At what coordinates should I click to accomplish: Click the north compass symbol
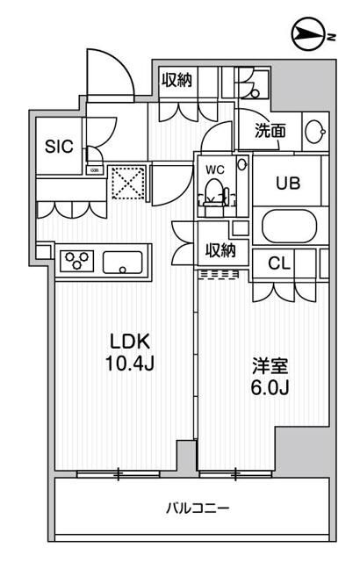pyautogui.click(x=307, y=35)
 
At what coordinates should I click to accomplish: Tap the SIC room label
pyautogui.click(x=61, y=147)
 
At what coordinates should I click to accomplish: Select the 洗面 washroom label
pyautogui.click(x=270, y=131)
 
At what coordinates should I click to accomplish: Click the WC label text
pyautogui.click(x=216, y=167)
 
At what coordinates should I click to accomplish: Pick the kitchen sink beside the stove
pyautogui.click(x=123, y=261)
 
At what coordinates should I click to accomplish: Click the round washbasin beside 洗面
pyautogui.click(x=314, y=132)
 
